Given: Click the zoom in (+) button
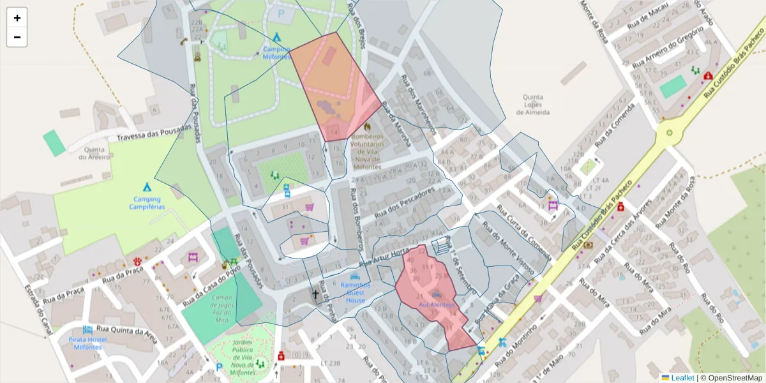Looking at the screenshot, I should tap(17, 18).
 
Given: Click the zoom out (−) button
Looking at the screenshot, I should tap(17, 37).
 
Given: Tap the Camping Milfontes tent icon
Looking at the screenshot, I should tap(276, 38).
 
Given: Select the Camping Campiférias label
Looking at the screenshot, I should tap(147, 203).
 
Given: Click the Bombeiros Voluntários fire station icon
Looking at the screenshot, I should tap(367, 126).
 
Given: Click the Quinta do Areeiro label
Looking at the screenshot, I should tap(94, 153).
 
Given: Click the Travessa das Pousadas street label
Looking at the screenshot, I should tap(154, 133).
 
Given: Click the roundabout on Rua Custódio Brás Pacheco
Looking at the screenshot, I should tap(669, 133).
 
